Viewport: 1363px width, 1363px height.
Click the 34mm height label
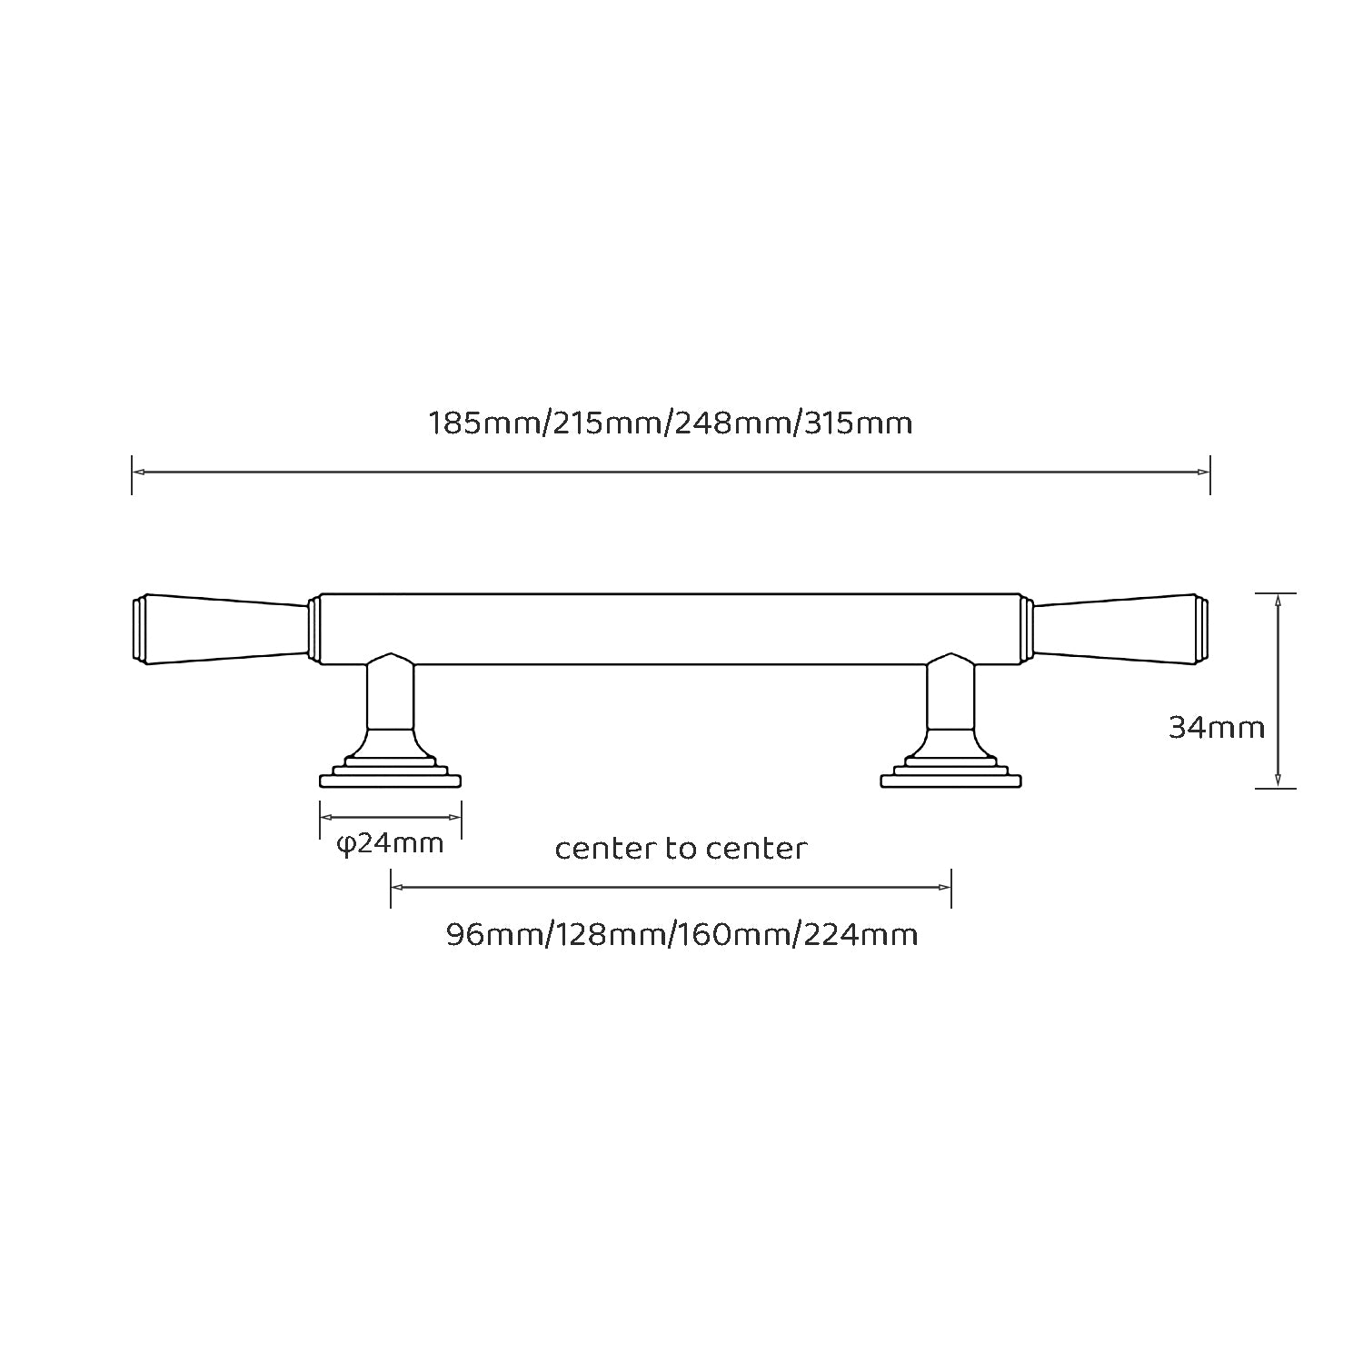click(1216, 728)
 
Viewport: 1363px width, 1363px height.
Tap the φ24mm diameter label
click(390, 844)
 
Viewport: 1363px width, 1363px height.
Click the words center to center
click(681, 849)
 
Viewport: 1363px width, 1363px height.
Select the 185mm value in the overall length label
click(484, 423)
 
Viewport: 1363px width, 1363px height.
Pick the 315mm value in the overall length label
click(859, 423)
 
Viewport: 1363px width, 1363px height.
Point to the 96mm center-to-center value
click(494, 934)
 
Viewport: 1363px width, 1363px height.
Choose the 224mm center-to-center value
click(861, 934)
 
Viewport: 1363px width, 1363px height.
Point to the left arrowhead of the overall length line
click(138, 472)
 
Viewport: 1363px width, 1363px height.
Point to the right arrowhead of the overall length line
click(1204, 472)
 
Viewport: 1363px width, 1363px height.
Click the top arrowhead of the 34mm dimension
click(1278, 600)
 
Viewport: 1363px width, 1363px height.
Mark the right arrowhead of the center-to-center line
click(945, 888)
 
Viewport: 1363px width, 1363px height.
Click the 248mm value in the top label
click(733, 423)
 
